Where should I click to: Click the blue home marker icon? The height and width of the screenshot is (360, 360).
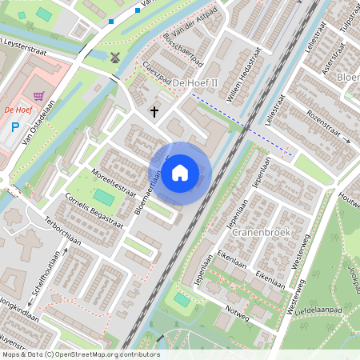(x=180, y=172)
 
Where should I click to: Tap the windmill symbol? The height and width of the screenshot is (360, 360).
(x=114, y=57)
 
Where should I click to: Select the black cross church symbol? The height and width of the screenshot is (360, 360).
(x=154, y=113)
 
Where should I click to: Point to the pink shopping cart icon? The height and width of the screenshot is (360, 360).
(x=38, y=95)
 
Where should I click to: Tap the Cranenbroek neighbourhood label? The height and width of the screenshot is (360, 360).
(x=258, y=232)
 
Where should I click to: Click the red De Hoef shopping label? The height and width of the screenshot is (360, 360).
(x=18, y=109)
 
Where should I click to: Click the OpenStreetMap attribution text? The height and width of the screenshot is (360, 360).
(x=80, y=354)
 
